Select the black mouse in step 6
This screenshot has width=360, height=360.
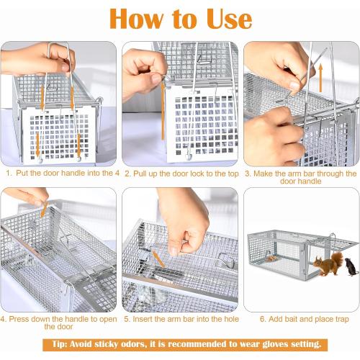(350, 267)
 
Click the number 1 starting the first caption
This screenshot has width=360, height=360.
(8, 174)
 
